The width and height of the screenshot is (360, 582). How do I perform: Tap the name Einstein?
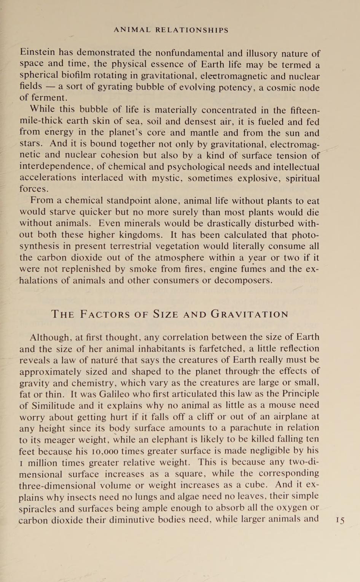37,52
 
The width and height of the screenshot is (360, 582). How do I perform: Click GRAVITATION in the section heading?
250,314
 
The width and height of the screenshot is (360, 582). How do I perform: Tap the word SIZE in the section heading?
166,314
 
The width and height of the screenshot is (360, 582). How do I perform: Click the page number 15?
340,520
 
